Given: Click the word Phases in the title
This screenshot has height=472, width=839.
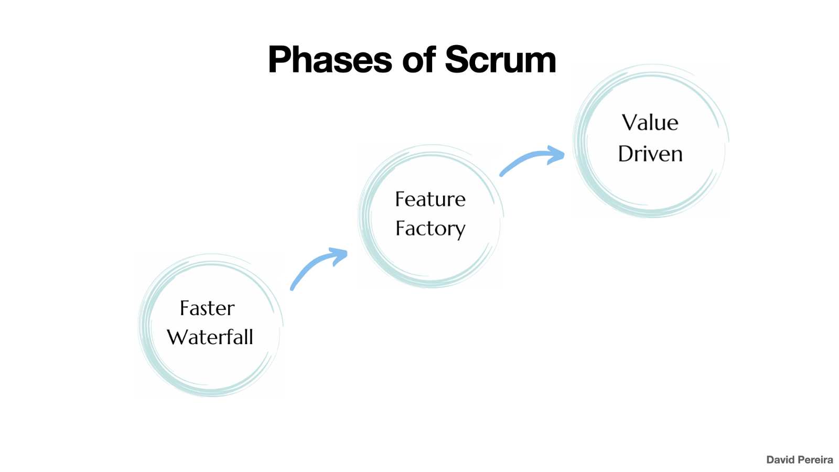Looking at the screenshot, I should (329, 60).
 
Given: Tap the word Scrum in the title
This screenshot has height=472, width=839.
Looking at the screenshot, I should (500, 60).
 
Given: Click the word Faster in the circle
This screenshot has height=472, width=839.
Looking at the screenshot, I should (207, 308).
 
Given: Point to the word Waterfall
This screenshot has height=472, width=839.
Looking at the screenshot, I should (210, 337).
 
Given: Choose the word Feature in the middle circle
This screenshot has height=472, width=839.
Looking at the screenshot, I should (430, 199).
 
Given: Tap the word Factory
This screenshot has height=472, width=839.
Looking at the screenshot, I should (430, 229).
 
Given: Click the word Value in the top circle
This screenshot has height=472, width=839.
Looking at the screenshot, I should (650, 123).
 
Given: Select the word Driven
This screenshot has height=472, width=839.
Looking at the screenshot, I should (650, 154).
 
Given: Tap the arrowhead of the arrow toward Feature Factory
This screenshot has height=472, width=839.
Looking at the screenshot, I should (339, 255).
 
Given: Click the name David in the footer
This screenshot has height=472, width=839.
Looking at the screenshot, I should (780, 460).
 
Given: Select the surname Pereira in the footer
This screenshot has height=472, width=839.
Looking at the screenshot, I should (815, 460).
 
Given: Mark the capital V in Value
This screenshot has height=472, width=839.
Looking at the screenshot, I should (630, 123).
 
